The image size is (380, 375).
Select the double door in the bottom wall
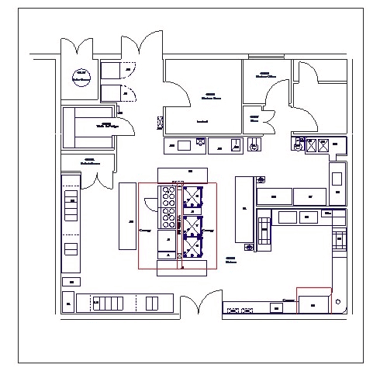click(198, 304)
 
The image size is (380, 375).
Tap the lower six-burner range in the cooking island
click(168, 219)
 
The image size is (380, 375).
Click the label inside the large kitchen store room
click(208, 97)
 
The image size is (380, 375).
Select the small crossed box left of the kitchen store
click(161, 122)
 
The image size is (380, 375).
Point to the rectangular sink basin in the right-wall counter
click(337, 177)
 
